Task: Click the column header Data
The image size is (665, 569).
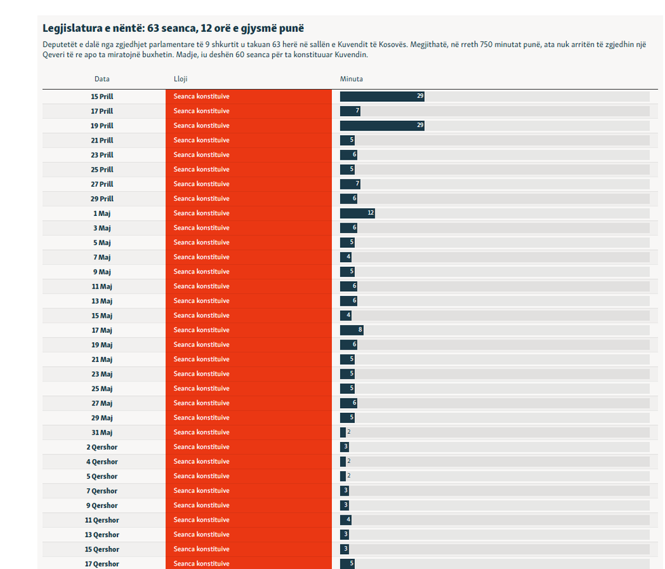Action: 102,79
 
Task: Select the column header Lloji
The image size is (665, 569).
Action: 180,79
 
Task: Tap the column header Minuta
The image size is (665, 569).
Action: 351,79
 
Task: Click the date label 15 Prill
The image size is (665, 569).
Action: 102,96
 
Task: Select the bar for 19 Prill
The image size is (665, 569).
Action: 381,126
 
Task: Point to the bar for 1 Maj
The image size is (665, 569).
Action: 357,213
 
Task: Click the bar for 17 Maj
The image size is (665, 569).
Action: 351,330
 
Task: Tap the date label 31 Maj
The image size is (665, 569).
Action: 102,433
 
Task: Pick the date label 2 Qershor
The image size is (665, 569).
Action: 102,447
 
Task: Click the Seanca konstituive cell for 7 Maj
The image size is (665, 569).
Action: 202,257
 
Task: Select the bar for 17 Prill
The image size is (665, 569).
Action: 349,111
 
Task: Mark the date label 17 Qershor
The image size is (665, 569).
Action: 102,564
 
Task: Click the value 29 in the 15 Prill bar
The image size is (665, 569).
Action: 420,96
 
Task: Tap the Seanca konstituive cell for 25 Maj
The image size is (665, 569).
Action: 202,388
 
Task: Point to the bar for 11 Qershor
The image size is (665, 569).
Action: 345,520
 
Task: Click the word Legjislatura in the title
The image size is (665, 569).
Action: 69,29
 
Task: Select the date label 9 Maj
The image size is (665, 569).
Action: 102,272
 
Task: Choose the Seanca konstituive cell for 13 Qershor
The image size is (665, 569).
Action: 202,534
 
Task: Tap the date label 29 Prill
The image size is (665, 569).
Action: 102,199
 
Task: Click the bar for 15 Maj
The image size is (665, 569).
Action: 345,316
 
